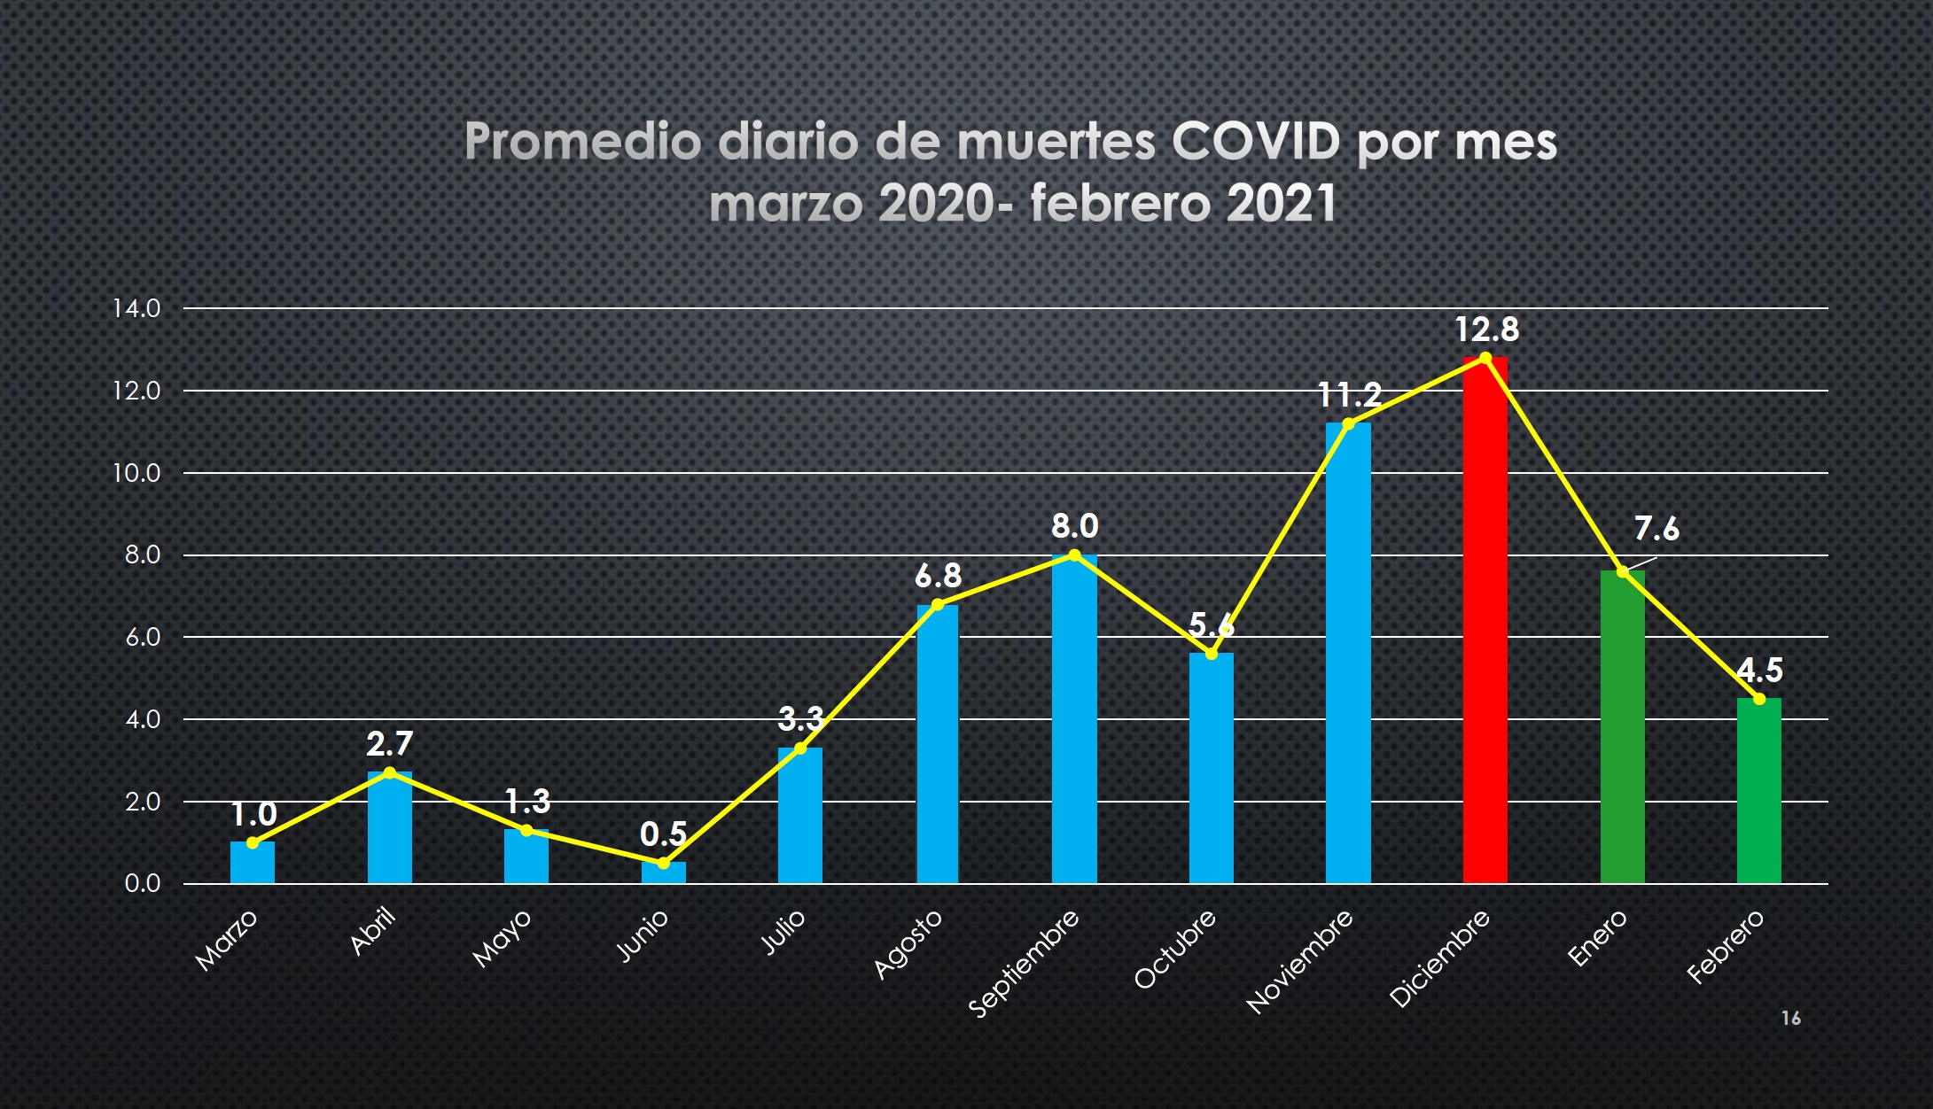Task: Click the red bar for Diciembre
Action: [1485, 620]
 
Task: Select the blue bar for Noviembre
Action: [1348, 653]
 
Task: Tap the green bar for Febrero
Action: [1759, 791]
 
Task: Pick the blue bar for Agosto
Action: [938, 744]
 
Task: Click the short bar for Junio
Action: [664, 872]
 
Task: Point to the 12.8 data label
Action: [1487, 330]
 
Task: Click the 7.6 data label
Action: [1656, 529]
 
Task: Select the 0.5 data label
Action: [664, 834]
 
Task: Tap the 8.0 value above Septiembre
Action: [1075, 526]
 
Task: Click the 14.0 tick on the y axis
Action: [136, 308]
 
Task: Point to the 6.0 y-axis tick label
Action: [143, 637]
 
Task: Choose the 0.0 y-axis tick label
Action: [143, 883]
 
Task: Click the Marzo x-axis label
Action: [226, 940]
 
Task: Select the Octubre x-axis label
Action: [1175, 949]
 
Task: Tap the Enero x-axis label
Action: [1598, 938]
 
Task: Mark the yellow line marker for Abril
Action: [390, 772]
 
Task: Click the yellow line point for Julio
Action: [800, 748]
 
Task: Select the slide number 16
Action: [1791, 1019]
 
